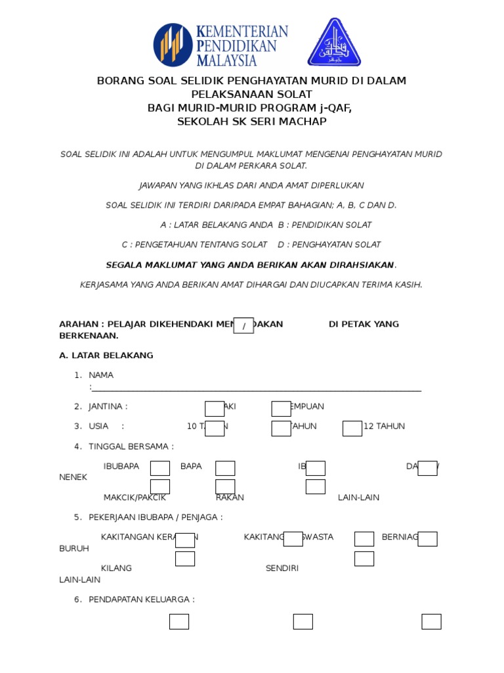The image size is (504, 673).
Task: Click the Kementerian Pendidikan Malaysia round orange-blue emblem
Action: (173, 45)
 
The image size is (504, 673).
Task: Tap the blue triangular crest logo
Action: (335, 43)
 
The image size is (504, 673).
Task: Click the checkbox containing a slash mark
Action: (243, 325)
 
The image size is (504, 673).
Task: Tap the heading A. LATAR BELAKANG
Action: (106, 356)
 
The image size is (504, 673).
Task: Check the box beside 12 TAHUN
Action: (352, 429)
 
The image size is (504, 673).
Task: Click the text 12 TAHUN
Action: (384, 427)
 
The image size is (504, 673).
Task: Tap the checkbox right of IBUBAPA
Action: (160, 468)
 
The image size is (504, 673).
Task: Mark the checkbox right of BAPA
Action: (225, 468)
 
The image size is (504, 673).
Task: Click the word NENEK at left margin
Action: (73, 477)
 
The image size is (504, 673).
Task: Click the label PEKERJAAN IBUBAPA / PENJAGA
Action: (156, 517)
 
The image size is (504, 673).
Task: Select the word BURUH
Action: (74, 548)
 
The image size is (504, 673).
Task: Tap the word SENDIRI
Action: (282, 568)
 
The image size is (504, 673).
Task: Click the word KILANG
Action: (116, 568)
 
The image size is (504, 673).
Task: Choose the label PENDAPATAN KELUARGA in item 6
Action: (141, 599)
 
